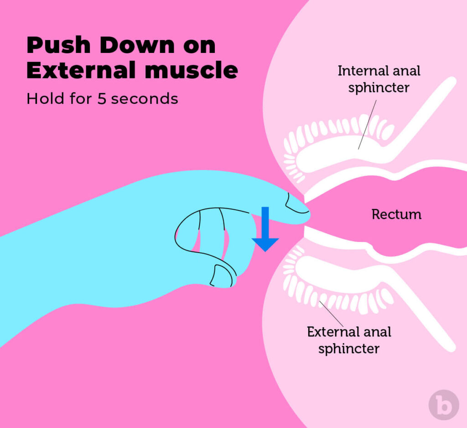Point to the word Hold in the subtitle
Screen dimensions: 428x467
coord(42,98)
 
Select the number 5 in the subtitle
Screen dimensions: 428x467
coord(102,99)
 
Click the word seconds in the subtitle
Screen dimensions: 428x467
coord(145,99)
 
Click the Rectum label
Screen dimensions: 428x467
coord(396,214)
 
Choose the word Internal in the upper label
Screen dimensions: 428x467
coord(358,71)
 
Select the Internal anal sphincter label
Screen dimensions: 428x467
coord(379,79)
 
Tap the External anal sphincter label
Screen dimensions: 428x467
coord(349,340)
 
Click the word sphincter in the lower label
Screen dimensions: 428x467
coord(349,349)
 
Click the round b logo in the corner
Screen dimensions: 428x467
coord(443,405)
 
